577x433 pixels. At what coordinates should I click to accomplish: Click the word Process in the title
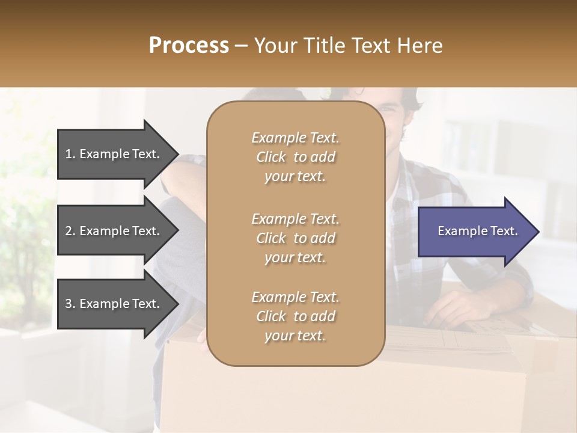pyautogui.click(x=189, y=45)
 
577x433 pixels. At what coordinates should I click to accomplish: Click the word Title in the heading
pyautogui.click(x=326, y=45)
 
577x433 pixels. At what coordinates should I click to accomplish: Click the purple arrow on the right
pyautogui.click(x=475, y=232)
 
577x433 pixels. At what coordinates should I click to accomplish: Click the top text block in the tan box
pyautogui.click(x=295, y=157)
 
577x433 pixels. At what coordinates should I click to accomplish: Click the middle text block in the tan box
pyautogui.click(x=295, y=238)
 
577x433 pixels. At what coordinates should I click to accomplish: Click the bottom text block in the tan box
pyautogui.click(x=295, y=316)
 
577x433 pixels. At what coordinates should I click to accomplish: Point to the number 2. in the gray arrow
pyautogui.click(x=70, y=231)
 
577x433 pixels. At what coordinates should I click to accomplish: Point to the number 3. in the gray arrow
pyautogui.click(x=70, y=304)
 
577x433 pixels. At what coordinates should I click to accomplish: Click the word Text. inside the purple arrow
pyautogui.click(x=501, y=231)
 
